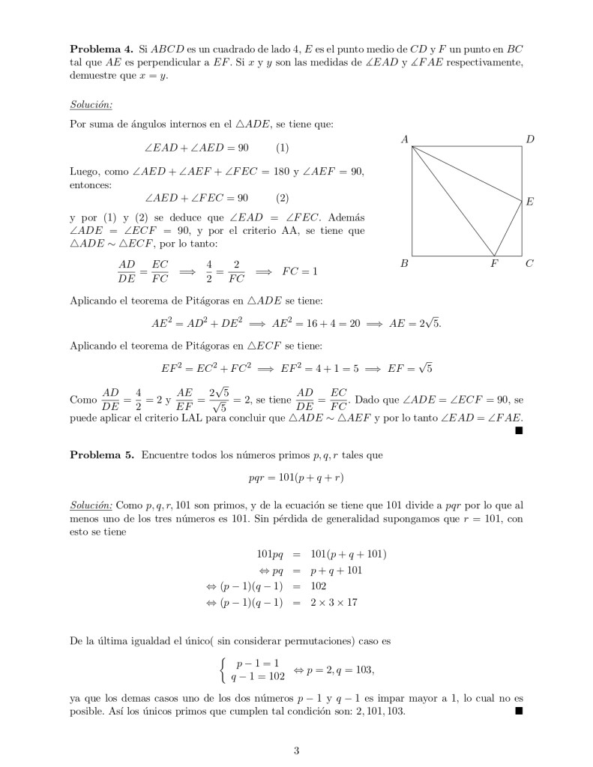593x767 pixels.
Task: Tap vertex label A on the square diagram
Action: (x=405, y=139)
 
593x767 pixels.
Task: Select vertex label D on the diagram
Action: (x=530, y=139)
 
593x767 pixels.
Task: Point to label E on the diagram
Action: (x=529, y=202)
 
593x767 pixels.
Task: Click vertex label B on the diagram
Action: (x=404, y=264)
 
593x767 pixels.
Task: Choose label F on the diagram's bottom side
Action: (x=494, y=264)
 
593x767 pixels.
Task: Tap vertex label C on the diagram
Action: (x=529, y=264)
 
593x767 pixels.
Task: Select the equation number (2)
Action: (x=283, y=198)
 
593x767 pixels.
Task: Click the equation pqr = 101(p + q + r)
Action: (x=296, y=477)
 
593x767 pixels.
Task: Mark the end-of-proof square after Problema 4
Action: (x=518, y=431)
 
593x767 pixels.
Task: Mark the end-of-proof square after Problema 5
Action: (x=518, y=711)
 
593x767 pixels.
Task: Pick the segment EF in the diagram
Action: (x=508, y=228)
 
